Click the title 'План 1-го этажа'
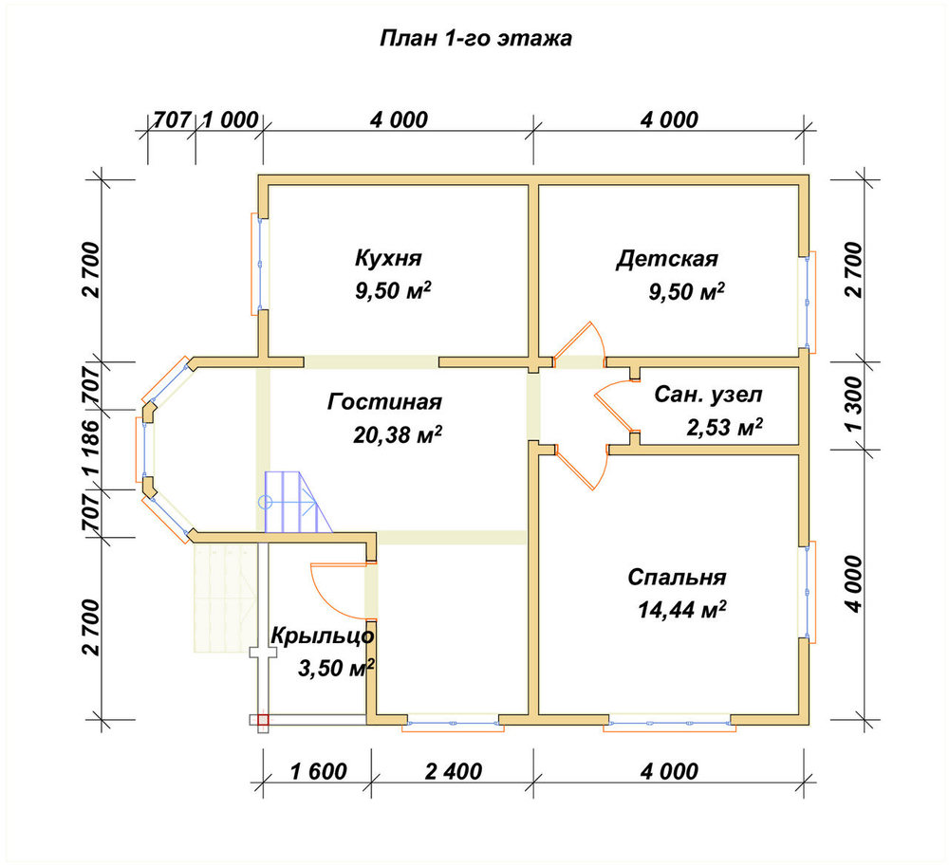(475, 38)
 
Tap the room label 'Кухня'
(388, 258)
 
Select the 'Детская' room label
(667, 259)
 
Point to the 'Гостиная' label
(385, 401)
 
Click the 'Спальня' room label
(677, 577)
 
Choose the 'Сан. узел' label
(708, 395)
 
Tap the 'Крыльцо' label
(322, 636)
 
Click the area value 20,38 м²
(397, 433)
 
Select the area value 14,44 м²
(682, 610)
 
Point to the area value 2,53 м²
(724, 428)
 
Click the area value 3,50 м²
(336, 668)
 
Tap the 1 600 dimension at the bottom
(318, 772)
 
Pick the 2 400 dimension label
(454, 772)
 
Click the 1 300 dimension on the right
(854, 404)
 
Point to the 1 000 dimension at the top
(230, 120)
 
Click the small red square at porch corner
(263, 720)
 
